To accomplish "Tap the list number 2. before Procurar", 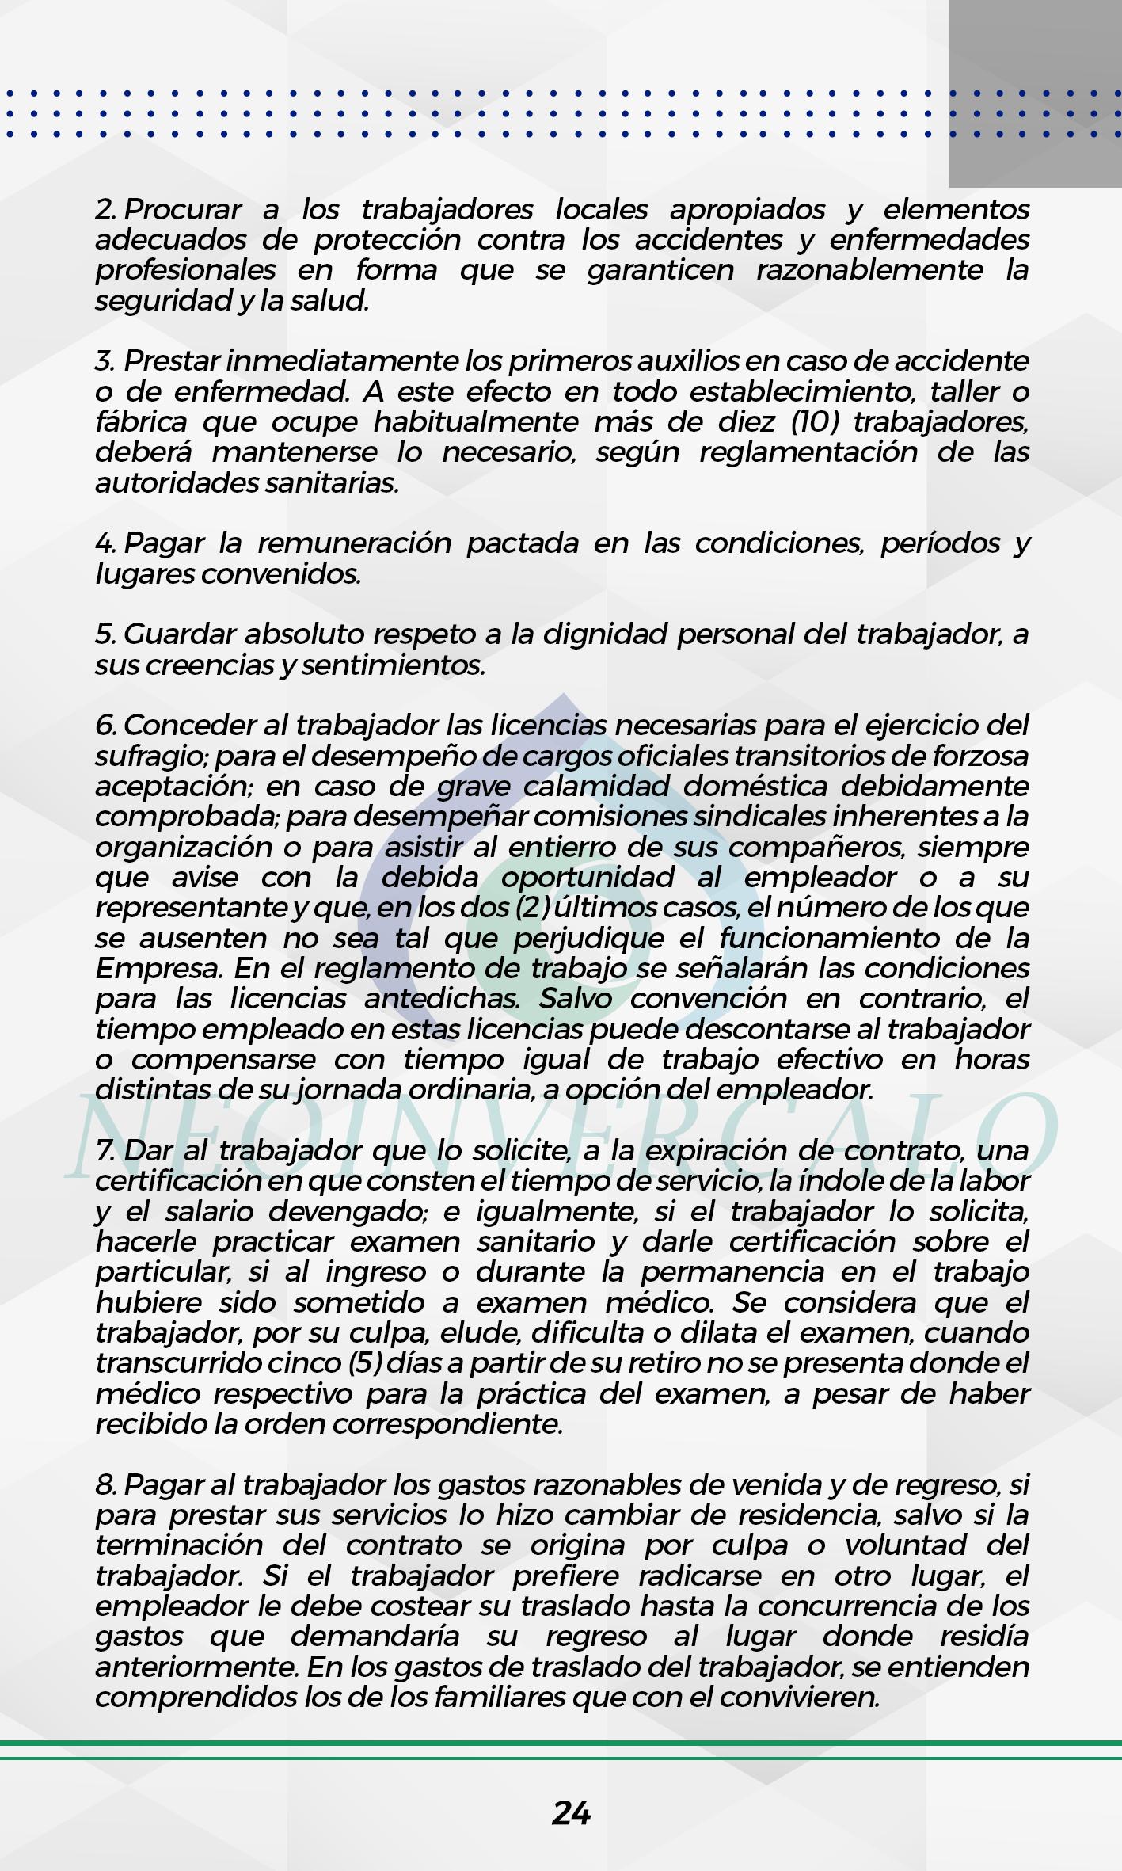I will click(107, 210).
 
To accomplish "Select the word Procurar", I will click(183, 210).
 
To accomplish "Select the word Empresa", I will click(156, 969).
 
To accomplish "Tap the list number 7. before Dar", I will click(105, 1150).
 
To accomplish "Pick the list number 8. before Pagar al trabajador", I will click(106, 1485).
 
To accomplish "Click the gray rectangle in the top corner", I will click(1035, 93).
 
